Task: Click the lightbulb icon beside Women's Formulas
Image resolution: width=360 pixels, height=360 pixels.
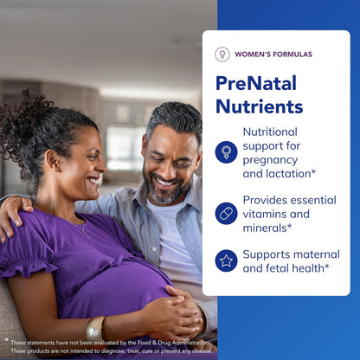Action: [x=222, y=54]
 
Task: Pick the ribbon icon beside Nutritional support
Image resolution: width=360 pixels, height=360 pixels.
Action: [x=226, y=151]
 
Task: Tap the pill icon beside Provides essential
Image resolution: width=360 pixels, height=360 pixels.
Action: [x=226, y=213]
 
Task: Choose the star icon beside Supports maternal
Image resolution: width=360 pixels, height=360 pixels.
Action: [x=226, y=260]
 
